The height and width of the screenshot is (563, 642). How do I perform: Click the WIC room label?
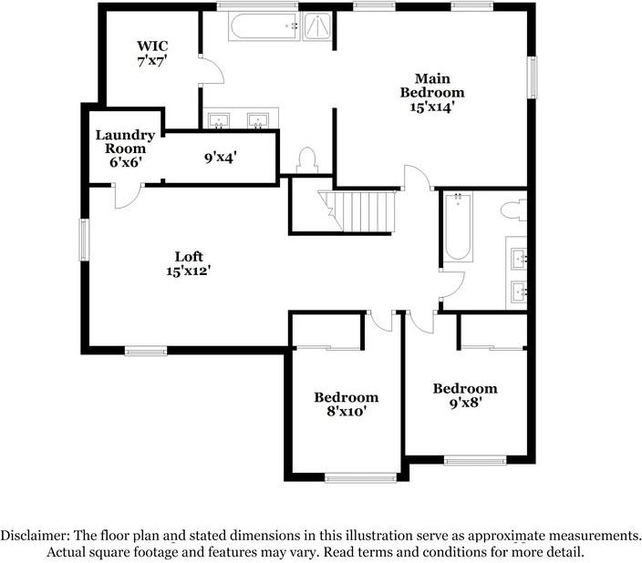click(152, 53)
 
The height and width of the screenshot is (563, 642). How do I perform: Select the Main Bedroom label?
click(432, 92)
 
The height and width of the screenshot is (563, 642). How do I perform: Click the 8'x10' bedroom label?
click(346, 404)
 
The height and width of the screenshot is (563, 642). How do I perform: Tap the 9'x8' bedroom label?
click(464, 394)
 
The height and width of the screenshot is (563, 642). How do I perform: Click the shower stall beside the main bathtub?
click(317, 26)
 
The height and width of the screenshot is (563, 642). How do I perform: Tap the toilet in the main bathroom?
click(306, 159)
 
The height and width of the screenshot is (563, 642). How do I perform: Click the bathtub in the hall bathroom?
click(457, 227)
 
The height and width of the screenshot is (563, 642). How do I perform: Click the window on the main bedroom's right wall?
click(533, 77)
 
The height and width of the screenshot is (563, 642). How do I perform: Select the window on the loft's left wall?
click(84, 239)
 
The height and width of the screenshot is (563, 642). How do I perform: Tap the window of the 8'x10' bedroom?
click(359, 476)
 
